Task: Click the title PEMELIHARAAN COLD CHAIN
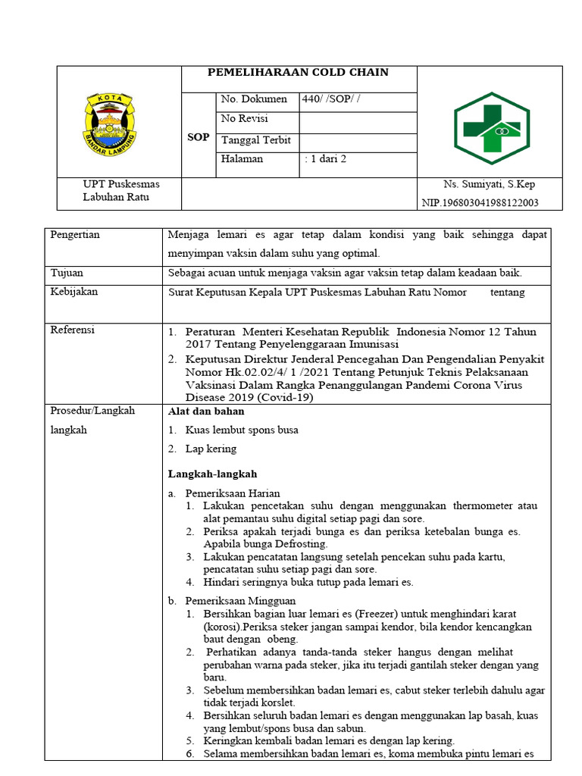(x=298, y=73)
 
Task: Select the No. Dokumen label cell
(x=253, y=99)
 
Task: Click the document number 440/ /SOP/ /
(x=332, y=99)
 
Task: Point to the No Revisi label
(x=243, y=119)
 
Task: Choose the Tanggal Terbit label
(x=255, y=140)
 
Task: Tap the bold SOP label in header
(x=198, y=137)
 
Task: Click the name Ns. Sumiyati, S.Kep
(x=490, y=184)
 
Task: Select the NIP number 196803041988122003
(x=480, y=202)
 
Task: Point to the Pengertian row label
(x=75, y=235)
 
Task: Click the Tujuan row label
(x=67, y=273)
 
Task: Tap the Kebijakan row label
(x=74, y=292)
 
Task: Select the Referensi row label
(x=73, y=330)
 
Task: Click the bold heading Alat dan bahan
(x=205, y=411)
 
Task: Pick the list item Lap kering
(x=210, y=449)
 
